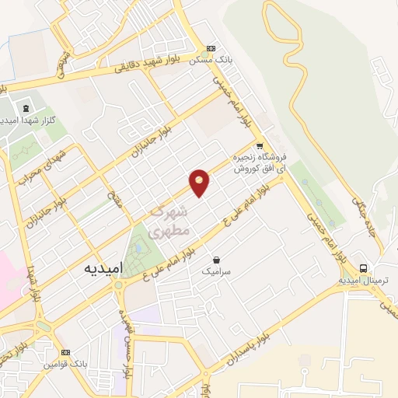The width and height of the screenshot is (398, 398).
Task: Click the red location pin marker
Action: tap(200, 183)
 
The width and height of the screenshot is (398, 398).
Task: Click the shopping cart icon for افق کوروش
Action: tap(260, 145)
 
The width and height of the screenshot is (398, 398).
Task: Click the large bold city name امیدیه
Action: tap(101, 267)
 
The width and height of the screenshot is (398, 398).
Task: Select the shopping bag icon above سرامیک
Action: tap(215, 260)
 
